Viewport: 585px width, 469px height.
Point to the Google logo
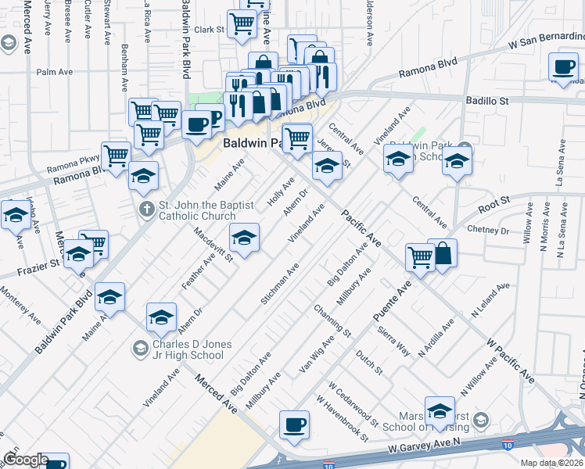(x=26, y=460)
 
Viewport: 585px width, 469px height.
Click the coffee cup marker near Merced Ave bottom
(x=295, y=425)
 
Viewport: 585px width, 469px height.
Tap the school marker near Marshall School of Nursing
(x=440, y=410)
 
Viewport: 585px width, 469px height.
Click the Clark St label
(x=210, y=30)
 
